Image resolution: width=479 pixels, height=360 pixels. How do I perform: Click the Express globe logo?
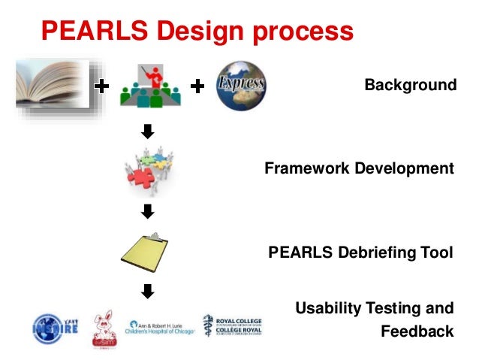pyautogui.click(x=240, y=87)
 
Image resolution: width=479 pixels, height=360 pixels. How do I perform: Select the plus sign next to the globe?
pyautogui.click(x=197, y=88)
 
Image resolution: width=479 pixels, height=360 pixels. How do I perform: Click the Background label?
pyautogui.click(x=410, y=85)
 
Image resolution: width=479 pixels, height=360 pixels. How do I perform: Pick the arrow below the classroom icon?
pyautogui.click(x=148, y=132)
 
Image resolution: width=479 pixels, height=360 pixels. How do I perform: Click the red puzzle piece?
pyautogui.click(x=140, y=177)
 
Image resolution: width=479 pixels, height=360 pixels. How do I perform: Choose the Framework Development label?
pyautogui.click(x=359, y=168)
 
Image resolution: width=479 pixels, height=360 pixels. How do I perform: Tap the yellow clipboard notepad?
pyautogui.click(x=150, y=252)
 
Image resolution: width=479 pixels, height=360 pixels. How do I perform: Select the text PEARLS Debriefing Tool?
pyautogui.click(x=360, y=253)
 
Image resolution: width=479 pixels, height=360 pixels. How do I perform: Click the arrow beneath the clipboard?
pyautogui.click(x=148, y=290)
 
